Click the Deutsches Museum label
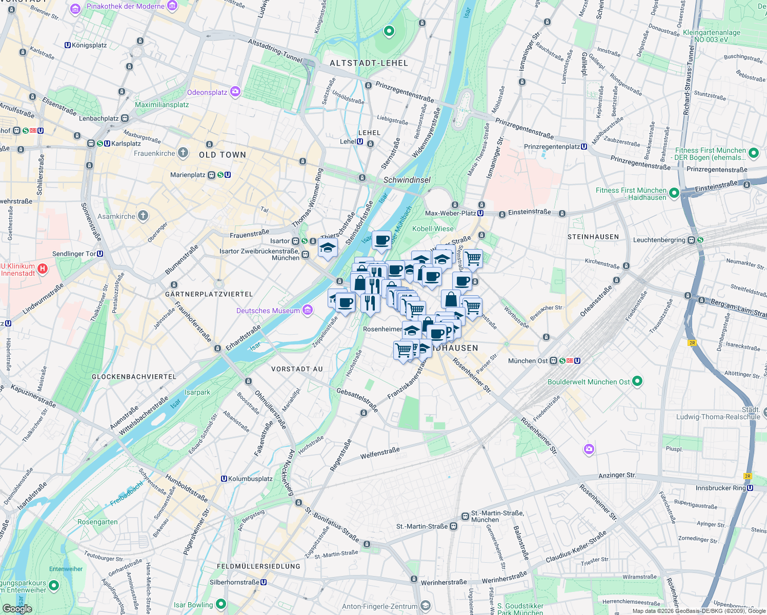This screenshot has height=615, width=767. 268,311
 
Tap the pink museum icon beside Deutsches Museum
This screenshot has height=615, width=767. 308,310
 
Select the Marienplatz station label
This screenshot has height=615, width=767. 188,175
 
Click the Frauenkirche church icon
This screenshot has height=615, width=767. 183,153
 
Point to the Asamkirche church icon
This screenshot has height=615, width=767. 143,216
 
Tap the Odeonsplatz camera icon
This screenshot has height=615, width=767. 235,92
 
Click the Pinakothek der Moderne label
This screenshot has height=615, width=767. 126,6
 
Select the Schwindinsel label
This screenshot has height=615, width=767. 407,180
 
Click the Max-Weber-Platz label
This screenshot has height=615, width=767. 450,213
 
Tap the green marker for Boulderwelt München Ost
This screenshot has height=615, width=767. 637,381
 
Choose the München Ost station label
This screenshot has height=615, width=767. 528,361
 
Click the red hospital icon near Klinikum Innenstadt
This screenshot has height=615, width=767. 43,268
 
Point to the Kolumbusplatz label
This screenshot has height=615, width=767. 250,479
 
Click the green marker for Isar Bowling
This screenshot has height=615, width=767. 221,604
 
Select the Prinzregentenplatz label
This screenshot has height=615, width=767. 552,147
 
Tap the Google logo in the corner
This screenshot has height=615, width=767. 17,608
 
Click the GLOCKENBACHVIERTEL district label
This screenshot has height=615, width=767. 134,377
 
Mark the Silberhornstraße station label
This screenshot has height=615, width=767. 234,582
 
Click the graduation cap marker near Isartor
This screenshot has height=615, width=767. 328,249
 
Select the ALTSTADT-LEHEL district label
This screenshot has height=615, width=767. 369,63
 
